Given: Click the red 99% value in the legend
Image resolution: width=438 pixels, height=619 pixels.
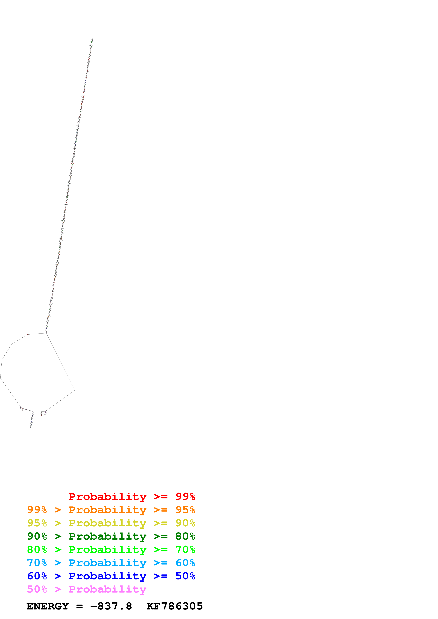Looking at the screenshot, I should [x=185, y=496].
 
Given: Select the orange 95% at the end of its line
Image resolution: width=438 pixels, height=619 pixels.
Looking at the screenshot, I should [x=185, y=510].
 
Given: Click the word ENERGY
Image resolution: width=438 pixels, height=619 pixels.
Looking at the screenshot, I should [x=48, y=606].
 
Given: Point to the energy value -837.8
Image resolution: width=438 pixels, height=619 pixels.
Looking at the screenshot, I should [x=111, y=606].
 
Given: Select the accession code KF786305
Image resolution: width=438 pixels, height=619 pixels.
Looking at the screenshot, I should [x=174, y=606].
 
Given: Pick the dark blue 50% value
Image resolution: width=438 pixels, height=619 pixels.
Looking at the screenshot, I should [x=185, y=576].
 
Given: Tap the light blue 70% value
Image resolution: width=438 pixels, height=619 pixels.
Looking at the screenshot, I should [x=37, y=563].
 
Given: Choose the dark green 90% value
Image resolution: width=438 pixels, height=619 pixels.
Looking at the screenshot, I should [x=37, y=536].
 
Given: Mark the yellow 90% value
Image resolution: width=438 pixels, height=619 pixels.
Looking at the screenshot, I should [x=185, y=523].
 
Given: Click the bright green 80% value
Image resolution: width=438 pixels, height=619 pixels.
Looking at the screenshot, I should [x=37, y=549].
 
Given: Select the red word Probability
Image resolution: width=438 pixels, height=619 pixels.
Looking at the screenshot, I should [x=107, y=496].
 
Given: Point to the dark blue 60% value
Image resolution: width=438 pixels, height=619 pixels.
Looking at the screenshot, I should [x=37, y=576].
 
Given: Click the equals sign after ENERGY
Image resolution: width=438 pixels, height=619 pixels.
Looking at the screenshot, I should [x=79, y=606].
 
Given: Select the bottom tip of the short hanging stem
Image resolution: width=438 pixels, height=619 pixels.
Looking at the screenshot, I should [x=31, y=427].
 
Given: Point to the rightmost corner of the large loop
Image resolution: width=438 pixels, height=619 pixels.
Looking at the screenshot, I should [x=75, y=390].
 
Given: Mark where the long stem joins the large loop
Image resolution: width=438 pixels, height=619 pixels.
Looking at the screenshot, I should [x=46, y=333].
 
